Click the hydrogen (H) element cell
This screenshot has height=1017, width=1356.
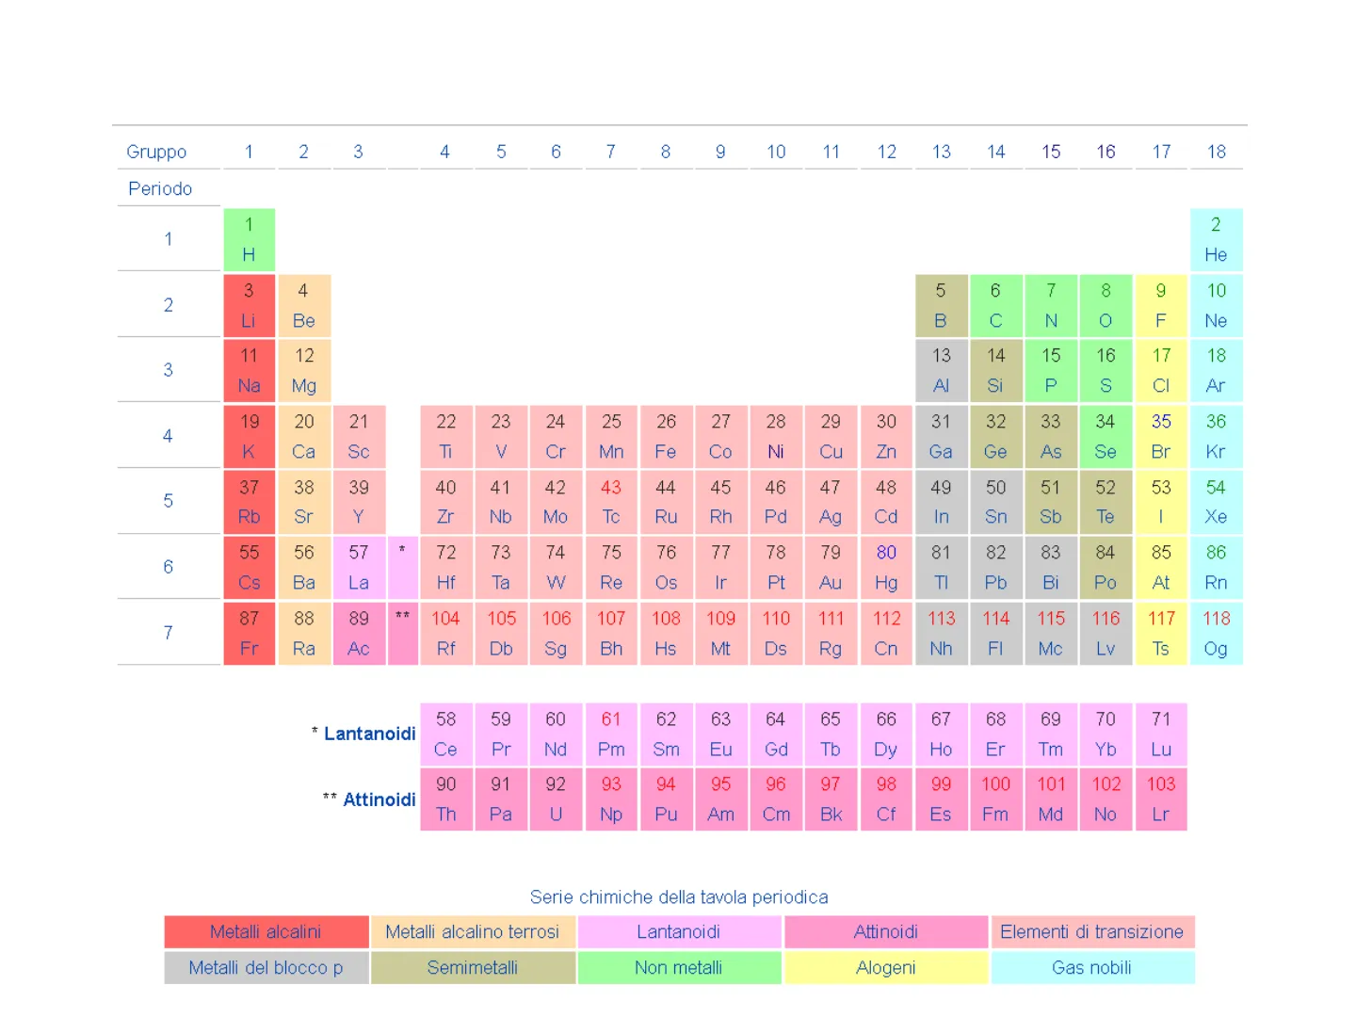(249, 239)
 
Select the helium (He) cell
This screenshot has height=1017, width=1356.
(1216, 239)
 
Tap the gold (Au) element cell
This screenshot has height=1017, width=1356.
(831, 567)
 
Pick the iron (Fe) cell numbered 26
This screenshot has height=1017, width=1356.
(666, 436)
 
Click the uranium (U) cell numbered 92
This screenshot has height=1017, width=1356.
(556, 799)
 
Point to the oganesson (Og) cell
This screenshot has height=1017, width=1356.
(1216, 633)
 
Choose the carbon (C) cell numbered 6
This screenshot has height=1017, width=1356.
(995, 305)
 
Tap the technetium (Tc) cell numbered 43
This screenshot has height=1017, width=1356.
(611, 501)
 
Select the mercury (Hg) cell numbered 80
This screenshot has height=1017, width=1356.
(886, 567)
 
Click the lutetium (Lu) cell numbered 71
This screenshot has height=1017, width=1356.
(1161, 734)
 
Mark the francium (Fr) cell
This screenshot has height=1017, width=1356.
(249, 633)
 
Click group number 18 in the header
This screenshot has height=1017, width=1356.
(1217, 152)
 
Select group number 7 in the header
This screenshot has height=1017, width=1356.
(611, 152)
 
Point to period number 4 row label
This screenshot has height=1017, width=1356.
(168, 436)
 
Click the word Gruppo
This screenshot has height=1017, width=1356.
(156, 152)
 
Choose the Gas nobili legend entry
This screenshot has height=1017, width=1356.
(1091, 967)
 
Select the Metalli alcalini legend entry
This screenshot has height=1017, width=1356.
(266, 931)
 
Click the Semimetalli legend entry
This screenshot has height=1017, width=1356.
(472, 967)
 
